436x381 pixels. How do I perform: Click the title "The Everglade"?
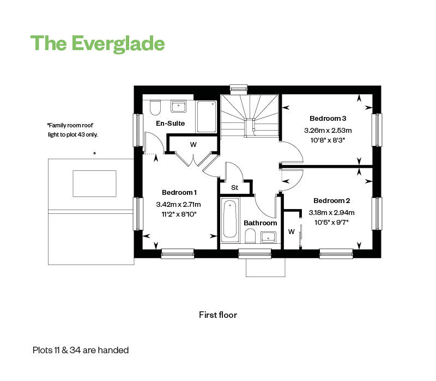click(98, 42)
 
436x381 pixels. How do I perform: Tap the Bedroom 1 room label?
click(179, 192)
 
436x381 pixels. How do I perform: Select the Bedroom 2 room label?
click(331, 200)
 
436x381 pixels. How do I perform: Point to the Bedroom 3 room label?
click(328, 118)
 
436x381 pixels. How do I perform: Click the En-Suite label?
click(170, 124)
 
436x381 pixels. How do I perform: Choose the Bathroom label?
click(260, 223)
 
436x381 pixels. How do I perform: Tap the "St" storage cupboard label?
click(235, 188)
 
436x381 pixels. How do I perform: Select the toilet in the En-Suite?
click(154, 107)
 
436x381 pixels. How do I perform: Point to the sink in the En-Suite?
click(178, 106)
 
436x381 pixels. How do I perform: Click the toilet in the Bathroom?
click(251, 236)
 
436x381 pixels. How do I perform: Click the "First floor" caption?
click(218, 315)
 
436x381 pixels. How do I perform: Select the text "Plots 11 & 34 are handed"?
click(81, 350)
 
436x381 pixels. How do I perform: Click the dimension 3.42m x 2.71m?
click(179, 205)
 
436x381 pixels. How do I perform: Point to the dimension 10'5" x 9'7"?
click(331, 222)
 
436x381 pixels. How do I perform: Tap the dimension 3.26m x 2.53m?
click(328, 130)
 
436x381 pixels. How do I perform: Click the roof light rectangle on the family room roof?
click(94, 183)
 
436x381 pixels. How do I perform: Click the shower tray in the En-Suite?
click(207, 115)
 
